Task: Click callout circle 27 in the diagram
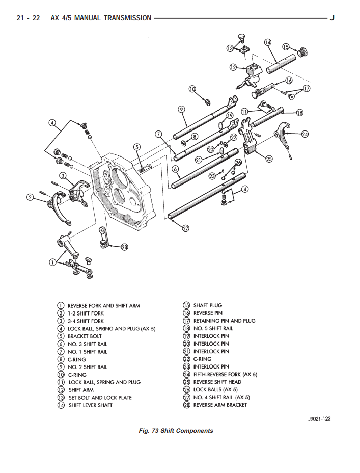185,228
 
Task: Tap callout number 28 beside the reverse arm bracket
124,247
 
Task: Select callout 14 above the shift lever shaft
267,42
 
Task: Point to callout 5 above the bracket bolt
137,147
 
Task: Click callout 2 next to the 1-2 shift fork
30,198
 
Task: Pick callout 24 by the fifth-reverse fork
305,134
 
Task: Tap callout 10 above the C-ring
192,89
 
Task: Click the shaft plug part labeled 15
302,52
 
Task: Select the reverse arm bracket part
103,238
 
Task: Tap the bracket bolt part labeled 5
146,167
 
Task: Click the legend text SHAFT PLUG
208,305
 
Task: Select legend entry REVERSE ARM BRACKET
220,405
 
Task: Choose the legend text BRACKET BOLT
85,336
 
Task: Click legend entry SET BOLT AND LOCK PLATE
100,398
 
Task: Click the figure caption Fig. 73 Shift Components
176,431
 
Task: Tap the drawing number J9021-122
319,418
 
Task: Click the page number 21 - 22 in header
29,18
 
